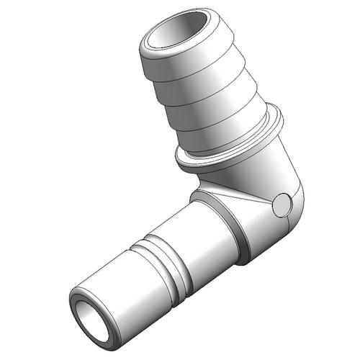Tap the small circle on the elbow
[282, 206]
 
